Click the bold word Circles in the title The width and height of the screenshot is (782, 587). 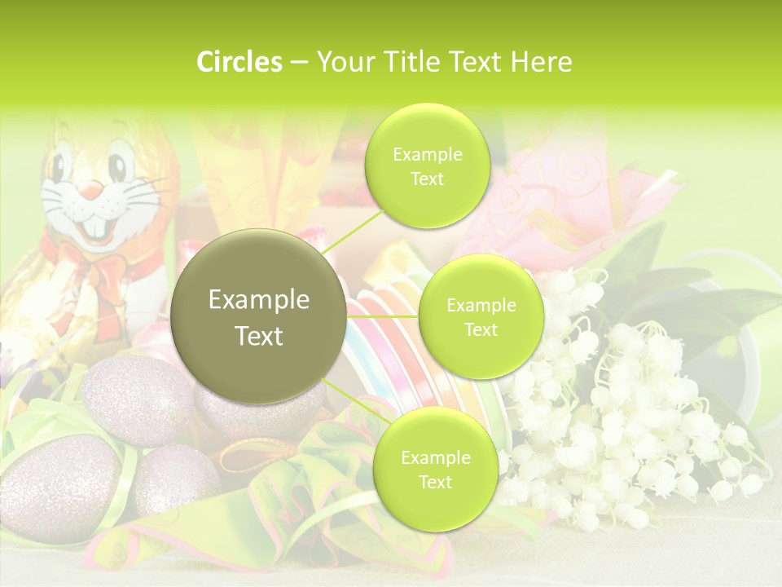tap(239, 62)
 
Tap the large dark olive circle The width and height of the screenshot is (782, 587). tap(258, 317)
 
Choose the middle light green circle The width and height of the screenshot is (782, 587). tap(481, 317)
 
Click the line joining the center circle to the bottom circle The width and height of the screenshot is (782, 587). tap(354, 403)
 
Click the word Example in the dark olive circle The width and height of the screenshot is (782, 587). tap(258, 300)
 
